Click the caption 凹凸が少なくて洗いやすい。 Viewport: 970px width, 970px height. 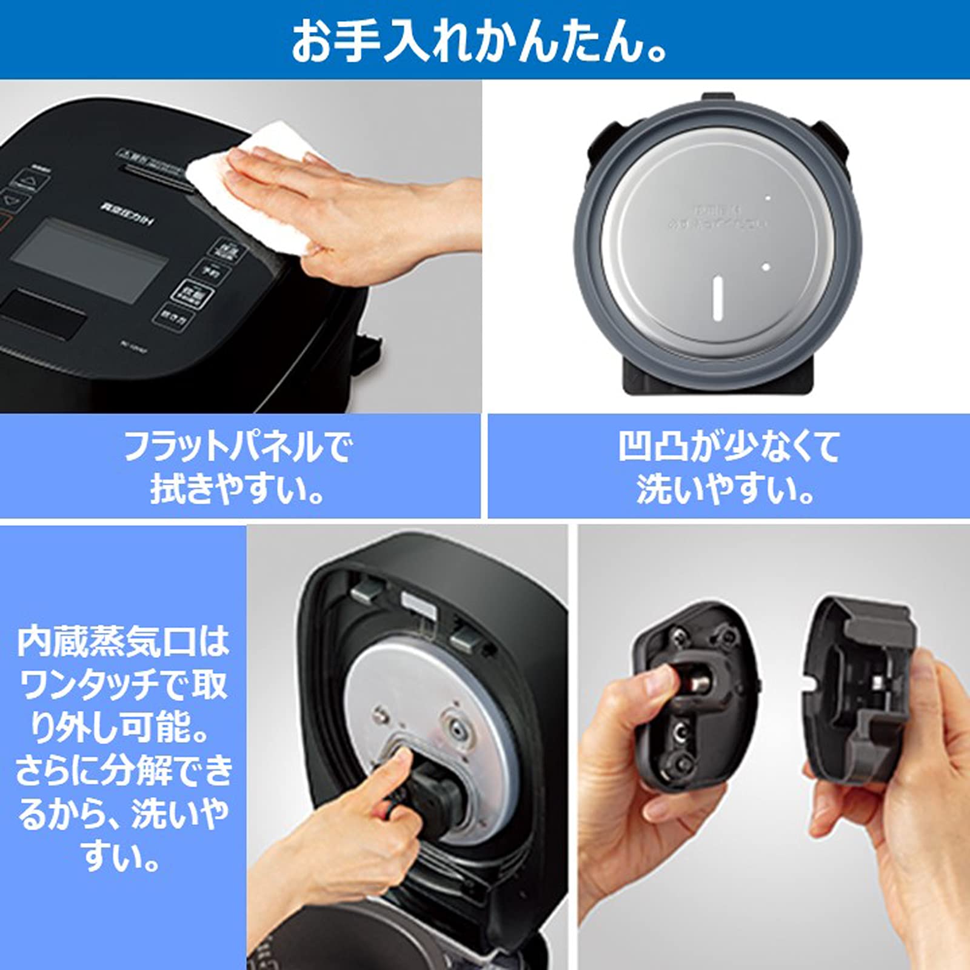click(727, 467)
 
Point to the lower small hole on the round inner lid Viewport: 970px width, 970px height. click(766, 267)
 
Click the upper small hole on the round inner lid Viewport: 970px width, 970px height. click(768, 198)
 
